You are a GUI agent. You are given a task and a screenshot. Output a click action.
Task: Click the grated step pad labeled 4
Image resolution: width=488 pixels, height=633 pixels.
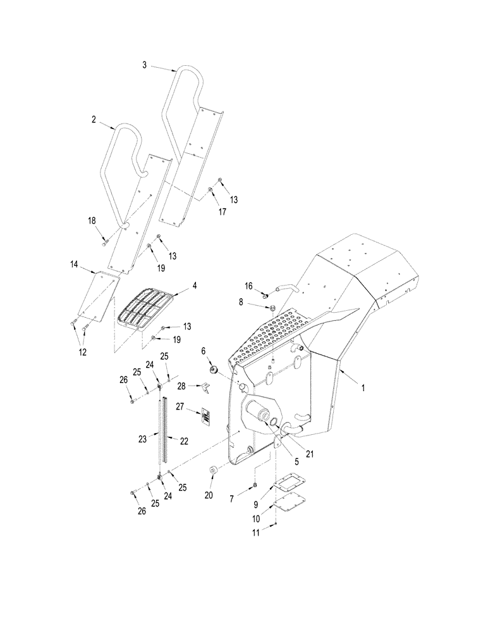[x=145, y=308]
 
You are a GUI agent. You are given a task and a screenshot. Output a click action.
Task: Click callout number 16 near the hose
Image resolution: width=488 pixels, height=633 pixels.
[x=248, y=287]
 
